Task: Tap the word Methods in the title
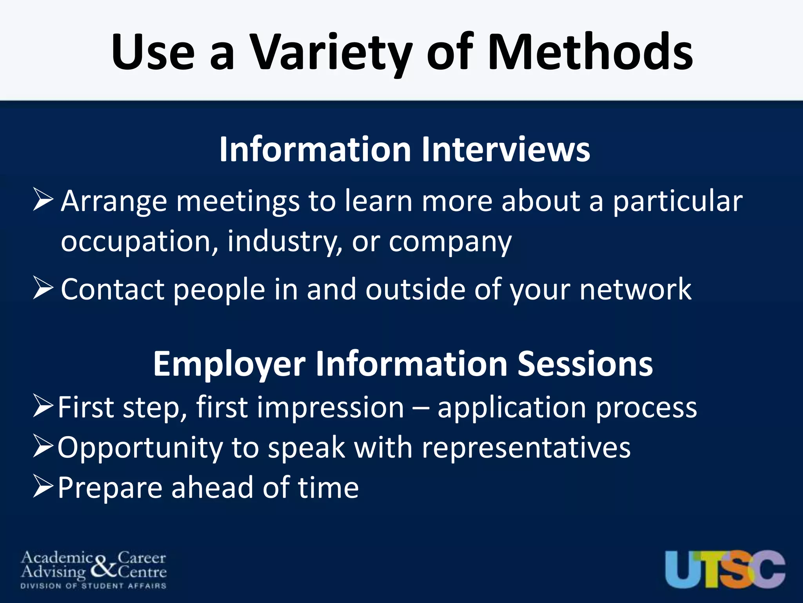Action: (590, 53)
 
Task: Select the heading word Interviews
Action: (505, 150)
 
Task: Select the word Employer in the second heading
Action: (229, 364)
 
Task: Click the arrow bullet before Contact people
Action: (43, 288)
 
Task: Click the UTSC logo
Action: (725, 569)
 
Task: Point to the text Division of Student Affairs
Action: (93, 586)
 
